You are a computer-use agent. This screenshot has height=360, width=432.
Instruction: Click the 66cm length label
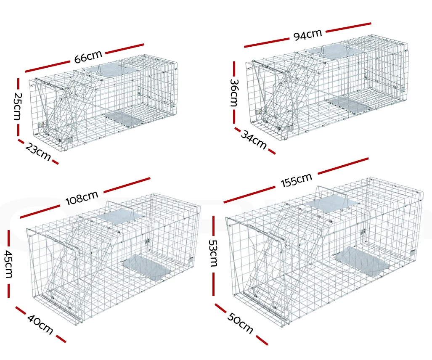(x=88, y=56)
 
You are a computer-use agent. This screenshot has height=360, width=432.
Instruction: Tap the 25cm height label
(x=17, y=106)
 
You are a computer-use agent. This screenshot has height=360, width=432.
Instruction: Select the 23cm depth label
(x=38, y=152)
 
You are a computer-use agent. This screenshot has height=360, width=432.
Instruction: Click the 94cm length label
(x=307, y=35)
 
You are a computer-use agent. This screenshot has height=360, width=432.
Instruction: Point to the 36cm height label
(x=234, y=93)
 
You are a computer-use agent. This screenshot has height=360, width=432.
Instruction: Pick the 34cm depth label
(x=254, y=140)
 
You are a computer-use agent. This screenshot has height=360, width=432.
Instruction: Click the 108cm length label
(x=82, y=198)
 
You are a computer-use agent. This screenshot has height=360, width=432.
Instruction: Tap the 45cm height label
(x=9, y=264)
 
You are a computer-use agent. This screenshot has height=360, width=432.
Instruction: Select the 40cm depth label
(x=40, y=325)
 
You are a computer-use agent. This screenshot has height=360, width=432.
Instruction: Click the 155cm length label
(x=296, y=180)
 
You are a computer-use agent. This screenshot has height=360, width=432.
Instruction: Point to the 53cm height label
(x=213, y=253)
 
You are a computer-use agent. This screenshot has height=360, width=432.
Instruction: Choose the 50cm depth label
(x=240, y=323)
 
